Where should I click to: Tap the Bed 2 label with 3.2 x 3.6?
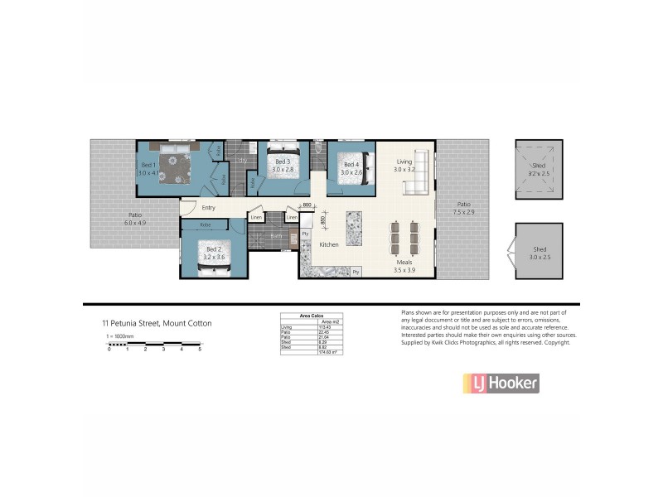point(214,253)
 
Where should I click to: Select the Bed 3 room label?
point(282,166)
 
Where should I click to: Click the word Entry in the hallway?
point(208,208)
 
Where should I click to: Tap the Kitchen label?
point(329,245)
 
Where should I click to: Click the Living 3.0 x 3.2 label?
point(404,166)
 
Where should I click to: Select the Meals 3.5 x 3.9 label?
point(404,266)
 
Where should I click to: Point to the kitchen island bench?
point(354,229)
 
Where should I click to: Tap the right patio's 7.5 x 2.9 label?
point(463,208)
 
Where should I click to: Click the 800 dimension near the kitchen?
point(307,205)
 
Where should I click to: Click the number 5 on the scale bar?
point(200,350)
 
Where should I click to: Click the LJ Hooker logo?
point(501,383)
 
